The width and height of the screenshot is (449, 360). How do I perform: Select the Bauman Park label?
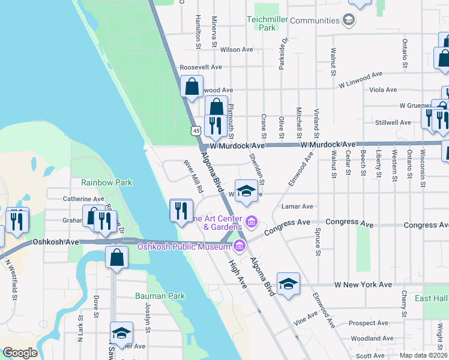click(x=160, y=296)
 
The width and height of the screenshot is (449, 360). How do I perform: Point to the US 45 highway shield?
click(x=196, y=130)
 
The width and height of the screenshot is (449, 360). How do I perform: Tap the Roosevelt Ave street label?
click(x=201, y=67)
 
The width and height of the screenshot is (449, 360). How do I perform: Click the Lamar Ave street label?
click(x=297, y=206)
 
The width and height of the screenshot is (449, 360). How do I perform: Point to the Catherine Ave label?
click(x=83, y=199)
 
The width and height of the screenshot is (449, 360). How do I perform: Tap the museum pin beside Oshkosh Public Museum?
click(x=240, y=245)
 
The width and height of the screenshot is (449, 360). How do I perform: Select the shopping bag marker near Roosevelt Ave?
click(x=191, y=87)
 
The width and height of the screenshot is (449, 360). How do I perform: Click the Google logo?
click(x=20, y=353)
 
